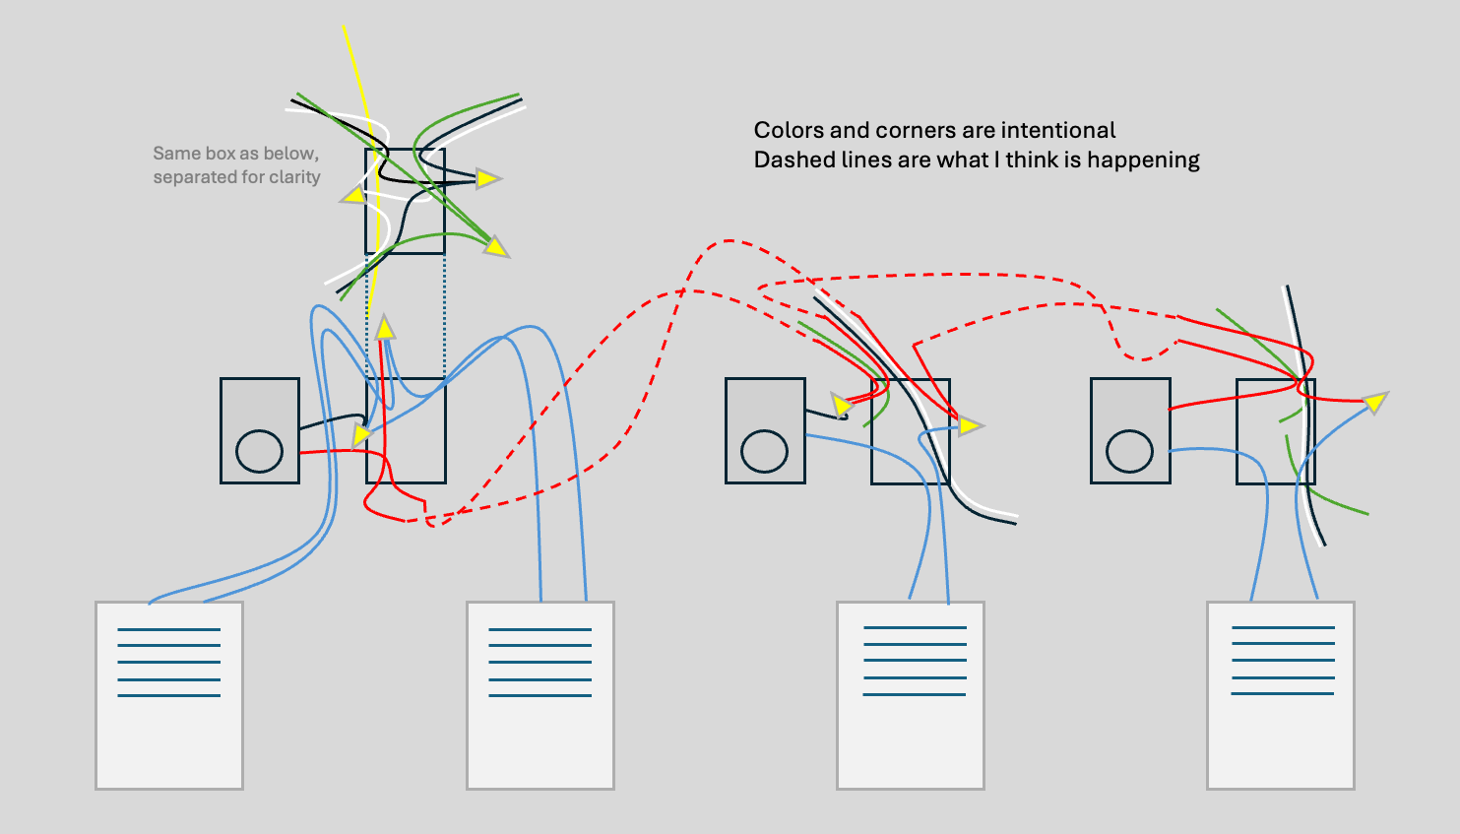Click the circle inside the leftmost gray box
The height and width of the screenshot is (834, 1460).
click(259, 451)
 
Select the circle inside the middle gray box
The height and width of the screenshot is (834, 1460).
click(765, 451)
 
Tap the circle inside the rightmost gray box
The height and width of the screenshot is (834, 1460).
click(1129, 451)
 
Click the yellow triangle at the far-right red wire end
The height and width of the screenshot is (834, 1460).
click(1375, 402)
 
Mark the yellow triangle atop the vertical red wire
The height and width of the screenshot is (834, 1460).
click(385, 327)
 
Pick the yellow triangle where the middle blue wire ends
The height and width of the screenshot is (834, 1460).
click(970, 426)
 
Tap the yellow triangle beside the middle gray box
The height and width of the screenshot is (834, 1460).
click(841, 406)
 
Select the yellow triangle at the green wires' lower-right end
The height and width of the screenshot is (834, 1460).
click(496, 246)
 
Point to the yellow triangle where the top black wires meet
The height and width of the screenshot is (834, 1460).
click(487, 178)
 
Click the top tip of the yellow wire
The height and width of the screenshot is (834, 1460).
click(344, 26)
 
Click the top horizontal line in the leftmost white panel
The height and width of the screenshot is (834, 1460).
click(168, 630)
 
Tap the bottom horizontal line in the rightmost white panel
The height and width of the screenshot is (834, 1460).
click(1283, 694)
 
